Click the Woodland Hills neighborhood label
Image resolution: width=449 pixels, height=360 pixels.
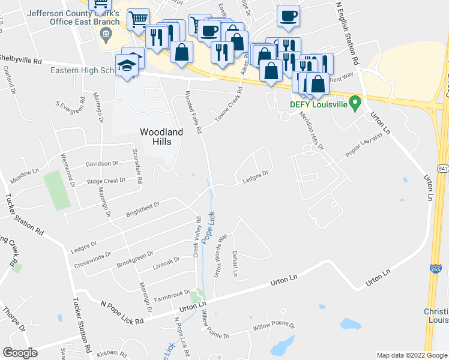click(155, 136)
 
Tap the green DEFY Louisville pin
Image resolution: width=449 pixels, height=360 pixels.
click(355, 103)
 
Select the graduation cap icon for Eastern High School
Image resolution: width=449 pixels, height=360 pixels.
click(127, 65)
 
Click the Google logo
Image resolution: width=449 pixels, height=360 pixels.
click(20, 353)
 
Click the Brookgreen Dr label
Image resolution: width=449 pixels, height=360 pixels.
click(135, 259)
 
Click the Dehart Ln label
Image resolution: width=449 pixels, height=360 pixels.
click(235, 265)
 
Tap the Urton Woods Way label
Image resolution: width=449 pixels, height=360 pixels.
click(220, 254)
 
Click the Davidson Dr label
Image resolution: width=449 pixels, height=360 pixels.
click(102, 164)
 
